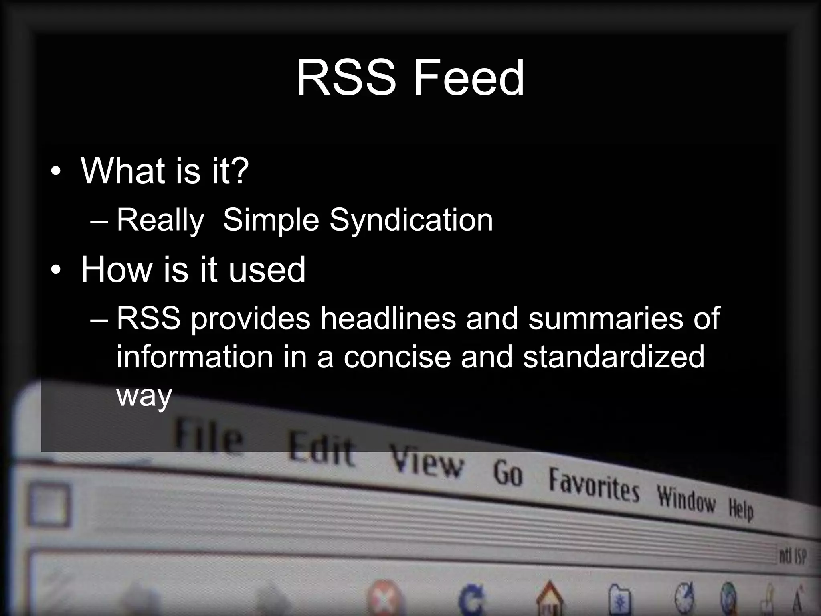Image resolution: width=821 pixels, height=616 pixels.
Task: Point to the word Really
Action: (160, 221)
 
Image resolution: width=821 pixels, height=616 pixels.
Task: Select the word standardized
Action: (613, 357)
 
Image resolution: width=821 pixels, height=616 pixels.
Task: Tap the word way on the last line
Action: (144, 396)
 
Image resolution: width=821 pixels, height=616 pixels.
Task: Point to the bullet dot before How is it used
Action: (56, 270)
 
